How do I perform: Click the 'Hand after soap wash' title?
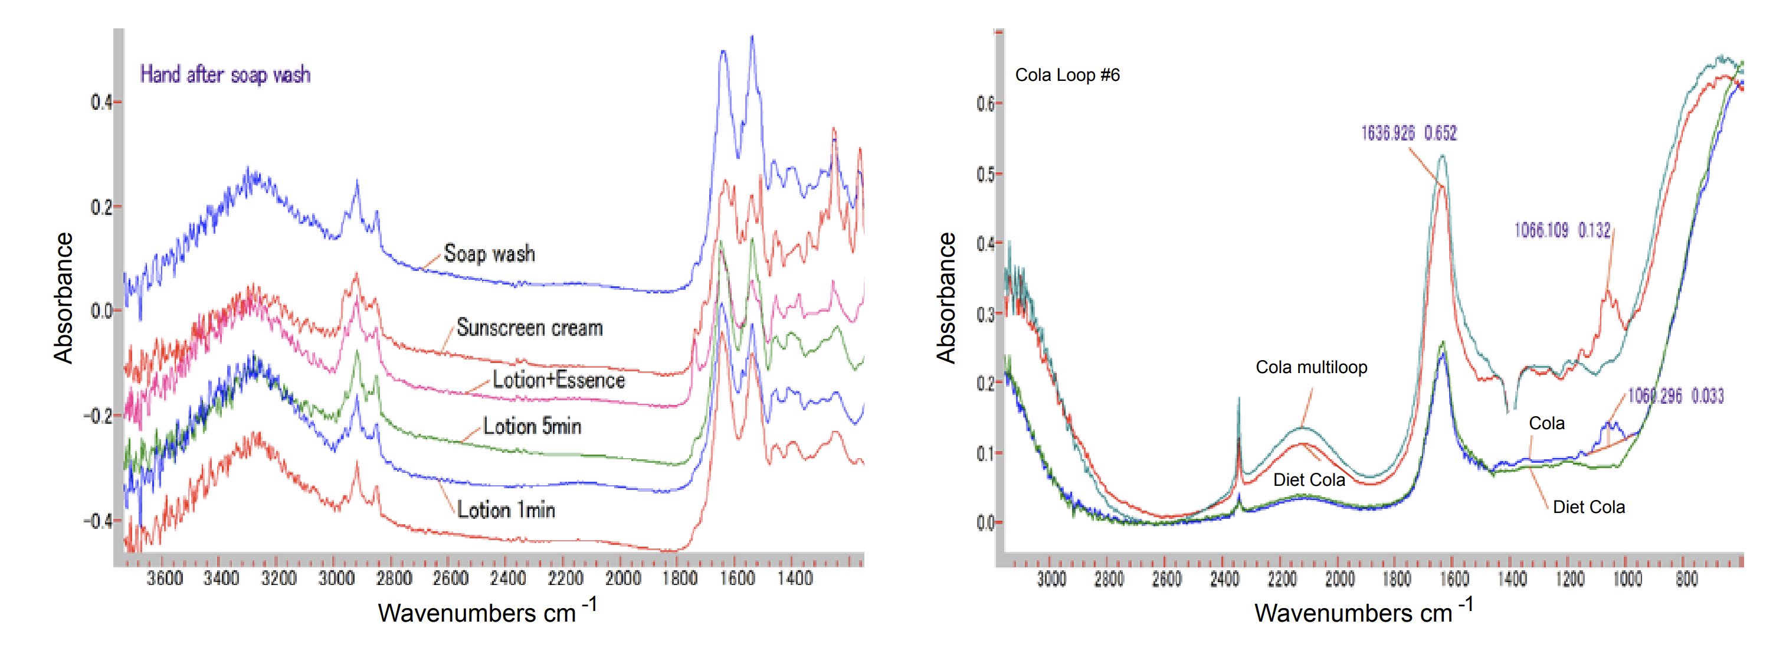225,74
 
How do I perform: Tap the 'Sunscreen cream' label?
529,328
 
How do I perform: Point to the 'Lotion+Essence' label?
558,380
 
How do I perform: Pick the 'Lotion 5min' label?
532,426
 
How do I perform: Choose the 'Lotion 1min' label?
506,511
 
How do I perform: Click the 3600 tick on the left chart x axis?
164,578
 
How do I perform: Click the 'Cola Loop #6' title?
1067,75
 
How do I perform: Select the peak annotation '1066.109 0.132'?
1561,230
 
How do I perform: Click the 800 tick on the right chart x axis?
1686,579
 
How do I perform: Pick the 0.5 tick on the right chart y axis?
985,174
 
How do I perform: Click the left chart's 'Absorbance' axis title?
63,298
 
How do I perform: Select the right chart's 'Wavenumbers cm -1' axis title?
1363,612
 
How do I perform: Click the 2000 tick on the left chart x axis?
622,578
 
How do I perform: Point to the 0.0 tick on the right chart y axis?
985,523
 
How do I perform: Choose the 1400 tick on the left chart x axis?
795,578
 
